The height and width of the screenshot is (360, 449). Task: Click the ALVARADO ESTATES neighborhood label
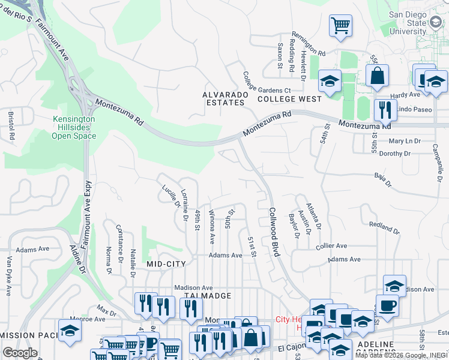point(223,98)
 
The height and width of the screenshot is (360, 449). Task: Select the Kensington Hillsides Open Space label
point(74,127)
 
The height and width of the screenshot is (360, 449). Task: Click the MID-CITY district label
point(165,263)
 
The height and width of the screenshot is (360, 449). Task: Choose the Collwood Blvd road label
point(275,232)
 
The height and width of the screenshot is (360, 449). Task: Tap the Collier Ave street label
point(331,246)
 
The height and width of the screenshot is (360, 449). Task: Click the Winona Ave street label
point(212,226)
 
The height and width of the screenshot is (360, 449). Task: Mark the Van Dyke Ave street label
point(9,276)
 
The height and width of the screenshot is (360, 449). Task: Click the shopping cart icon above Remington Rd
point(340,26)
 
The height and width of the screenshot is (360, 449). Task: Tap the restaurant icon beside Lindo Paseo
point(383,110)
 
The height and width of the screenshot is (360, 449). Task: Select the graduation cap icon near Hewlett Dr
point(330,80)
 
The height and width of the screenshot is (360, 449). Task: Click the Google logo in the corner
point(20,353)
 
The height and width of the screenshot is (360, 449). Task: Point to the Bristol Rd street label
point(11,125)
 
